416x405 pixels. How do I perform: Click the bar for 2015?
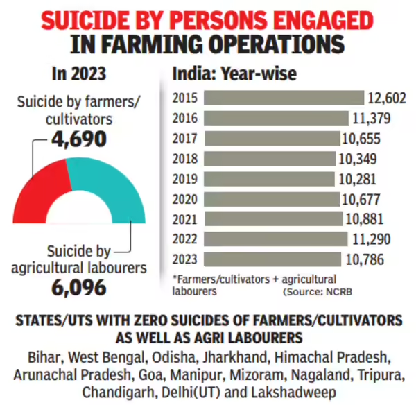click(x=277, y=98)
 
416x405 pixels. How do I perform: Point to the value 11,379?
click(x=372, y=118)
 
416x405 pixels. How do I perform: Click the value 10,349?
click(x=363, y=158)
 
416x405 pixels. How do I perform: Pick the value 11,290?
click(x=370, y=239)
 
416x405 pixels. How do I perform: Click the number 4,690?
click(x=78, y=139)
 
